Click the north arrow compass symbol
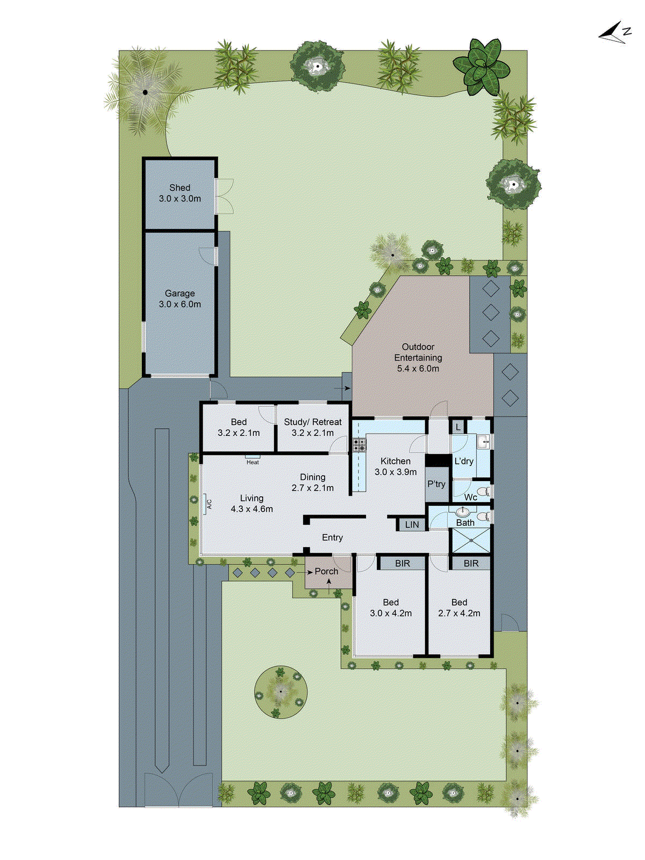pyautogui.click(x=614, y=32)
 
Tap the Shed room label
pyautogui.click(x=180, y=193)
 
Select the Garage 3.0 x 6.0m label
pyautogui.click(x=180, y=299)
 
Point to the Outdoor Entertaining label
pyautogui.click(x=418, y=357)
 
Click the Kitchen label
pyautogui.click(x=396, y=467)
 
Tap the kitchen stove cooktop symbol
pyautogui.click(x=359, y=445)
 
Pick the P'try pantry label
pyautogui.click(x=436, y=484)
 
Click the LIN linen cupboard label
pyautogui.click(x=412, y=525)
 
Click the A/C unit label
pyautogui.click(x=209, y=504)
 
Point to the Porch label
pyautogui.click(x=326, y=571)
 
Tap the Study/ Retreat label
pyautogui.click(x=313, y=427)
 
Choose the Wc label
pyautogui.click(x=470, y=497)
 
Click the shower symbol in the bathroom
pyautogui.click(x=471, y=540)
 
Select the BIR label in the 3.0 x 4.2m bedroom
pyautogui.click(x=402, y=563)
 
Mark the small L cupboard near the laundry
pyautogui.click(x=457, y=427)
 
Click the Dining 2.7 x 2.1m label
pyautogui.click(x=313, y=482)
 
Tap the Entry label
pyautogui.click(x=332, y=537)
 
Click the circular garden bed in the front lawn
pyautogui.click(x=281, y=692)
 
